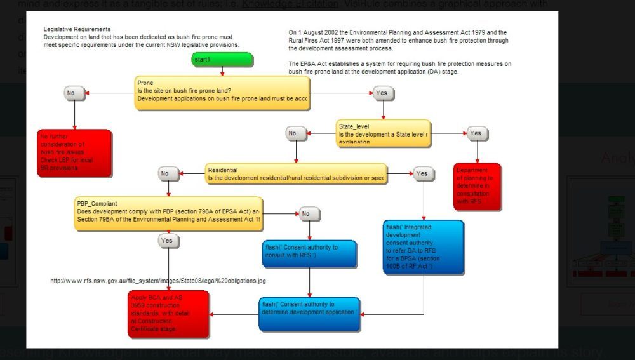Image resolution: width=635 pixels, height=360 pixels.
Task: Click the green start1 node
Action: point(222,59)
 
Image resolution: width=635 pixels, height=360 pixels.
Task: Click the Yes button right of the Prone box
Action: point(382,93)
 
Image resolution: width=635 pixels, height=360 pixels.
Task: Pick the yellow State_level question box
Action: point(384,133)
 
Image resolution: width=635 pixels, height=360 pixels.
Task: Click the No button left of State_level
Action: point(295,133)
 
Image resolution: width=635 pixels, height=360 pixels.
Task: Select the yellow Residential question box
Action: point(296,173)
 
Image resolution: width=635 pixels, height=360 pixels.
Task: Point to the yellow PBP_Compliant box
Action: point(168,213)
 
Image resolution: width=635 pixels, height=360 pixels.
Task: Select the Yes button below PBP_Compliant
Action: point(168,241)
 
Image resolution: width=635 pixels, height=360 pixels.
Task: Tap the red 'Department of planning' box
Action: point(478,187)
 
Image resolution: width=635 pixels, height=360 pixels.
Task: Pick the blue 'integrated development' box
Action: point(424,247)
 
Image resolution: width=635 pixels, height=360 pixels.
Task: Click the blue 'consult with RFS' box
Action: point(309,253)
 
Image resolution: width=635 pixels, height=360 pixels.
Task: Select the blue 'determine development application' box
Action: point(309,314)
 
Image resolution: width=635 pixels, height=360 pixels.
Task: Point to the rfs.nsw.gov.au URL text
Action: point(158,281)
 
